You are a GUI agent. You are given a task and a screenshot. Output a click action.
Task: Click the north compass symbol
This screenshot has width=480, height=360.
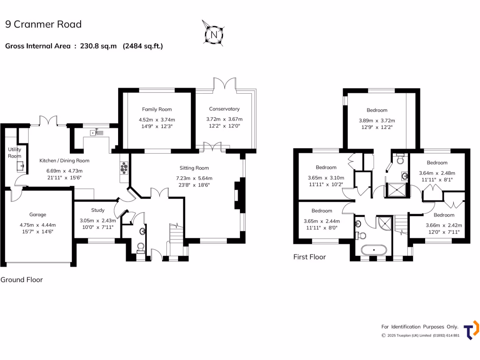(x=214, y=34)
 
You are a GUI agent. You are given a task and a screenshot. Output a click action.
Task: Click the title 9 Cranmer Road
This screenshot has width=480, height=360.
(x=43, y=24)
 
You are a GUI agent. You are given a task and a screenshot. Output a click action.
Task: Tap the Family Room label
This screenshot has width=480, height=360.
(x=157, y=109)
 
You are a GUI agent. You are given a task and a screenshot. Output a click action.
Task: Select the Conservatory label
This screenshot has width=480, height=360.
(x=224, y=109)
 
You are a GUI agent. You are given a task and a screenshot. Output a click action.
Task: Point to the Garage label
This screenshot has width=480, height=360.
(x=37, y=215)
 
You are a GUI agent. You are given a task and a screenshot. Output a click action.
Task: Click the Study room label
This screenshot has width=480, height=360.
(x=97, y=210)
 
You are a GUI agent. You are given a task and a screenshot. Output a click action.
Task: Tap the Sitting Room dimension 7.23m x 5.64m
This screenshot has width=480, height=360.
(x=194, y=178)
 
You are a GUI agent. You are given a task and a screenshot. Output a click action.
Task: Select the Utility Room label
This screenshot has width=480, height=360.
(x=15, y=153)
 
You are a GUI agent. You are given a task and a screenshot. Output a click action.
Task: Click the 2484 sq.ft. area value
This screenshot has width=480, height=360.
(x=142, y=46)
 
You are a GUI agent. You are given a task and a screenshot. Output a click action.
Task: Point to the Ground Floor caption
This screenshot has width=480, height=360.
(x=22, y=280)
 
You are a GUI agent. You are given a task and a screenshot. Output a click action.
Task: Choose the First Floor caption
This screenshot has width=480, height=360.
(x=309, y=257)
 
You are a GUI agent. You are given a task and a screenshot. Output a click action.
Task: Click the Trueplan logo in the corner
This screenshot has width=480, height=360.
(x=471, y=330)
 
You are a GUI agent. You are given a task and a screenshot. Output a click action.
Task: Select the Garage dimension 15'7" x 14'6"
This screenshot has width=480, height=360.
(x=37, y=231)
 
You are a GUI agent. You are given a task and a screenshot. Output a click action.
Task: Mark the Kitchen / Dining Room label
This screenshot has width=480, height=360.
(x=64, y=160)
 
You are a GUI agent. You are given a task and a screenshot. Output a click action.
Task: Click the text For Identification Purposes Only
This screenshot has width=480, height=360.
(x=420, y=327)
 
